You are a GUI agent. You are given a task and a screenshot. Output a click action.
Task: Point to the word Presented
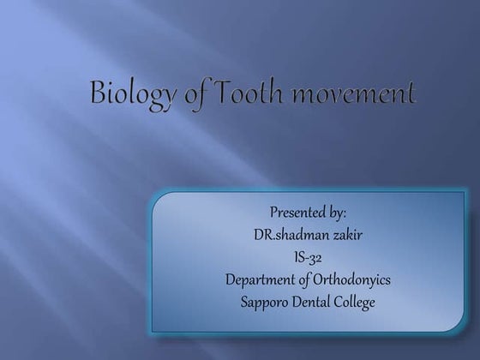[x=297, y=213]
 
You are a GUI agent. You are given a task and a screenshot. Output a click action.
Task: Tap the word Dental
[x=315, y=302]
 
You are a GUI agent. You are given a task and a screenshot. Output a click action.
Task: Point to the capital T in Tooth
[x=221, y=91]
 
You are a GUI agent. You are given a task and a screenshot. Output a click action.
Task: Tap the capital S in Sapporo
[x=246, y=302]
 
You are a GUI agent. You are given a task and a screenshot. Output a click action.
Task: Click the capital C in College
[x=340, y=302]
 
